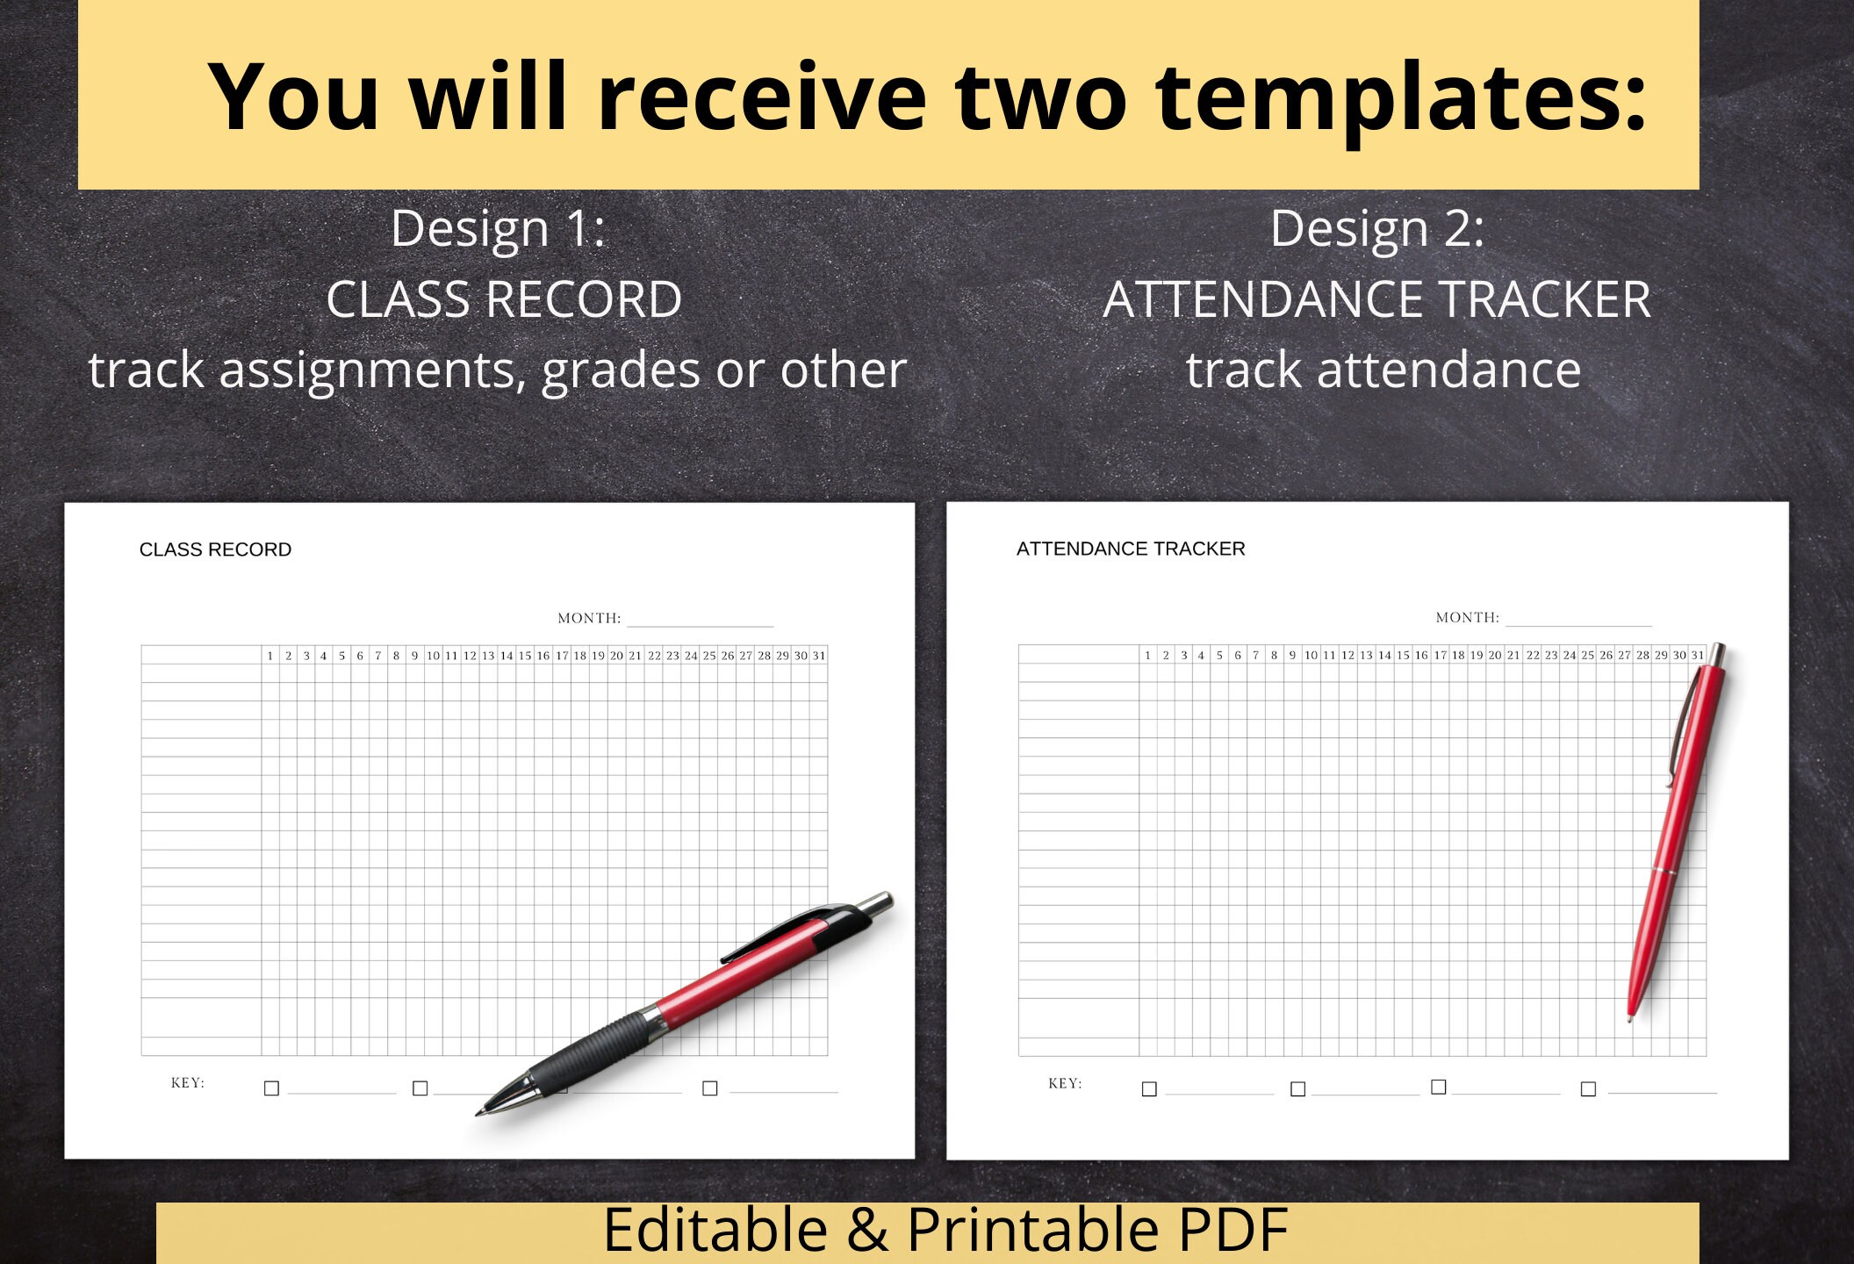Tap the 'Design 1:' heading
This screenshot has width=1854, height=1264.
(x=498, y=228)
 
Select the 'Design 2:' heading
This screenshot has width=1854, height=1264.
(x=1376, y=228)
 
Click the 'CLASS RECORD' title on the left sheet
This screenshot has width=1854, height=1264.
(x=215, y=549)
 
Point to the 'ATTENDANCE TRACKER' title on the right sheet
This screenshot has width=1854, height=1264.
(x=1131, y=549)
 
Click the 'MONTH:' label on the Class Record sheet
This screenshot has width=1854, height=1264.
(x=589, y=618)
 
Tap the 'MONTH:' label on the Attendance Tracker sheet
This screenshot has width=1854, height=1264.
(x=1467, y=617)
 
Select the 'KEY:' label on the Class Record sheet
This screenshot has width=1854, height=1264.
(x=187, y=1082)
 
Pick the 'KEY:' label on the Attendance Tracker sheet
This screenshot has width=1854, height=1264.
(x=1065, y=1083)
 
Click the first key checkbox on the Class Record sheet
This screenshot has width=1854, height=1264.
(x=271, y=1088)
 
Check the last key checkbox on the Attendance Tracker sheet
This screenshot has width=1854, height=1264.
(x=1588, y=1089)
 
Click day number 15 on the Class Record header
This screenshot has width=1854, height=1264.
(x=525, y=656)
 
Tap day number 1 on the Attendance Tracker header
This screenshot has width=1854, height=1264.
(x=1147, y=655)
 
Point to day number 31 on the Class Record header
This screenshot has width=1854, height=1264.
(x=819, y=656)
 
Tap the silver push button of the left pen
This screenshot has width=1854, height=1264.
(x=875, y=904)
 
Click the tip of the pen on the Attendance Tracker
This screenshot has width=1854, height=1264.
(x=1630, y=1020)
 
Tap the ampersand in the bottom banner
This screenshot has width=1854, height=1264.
(x=866, y=1230)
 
